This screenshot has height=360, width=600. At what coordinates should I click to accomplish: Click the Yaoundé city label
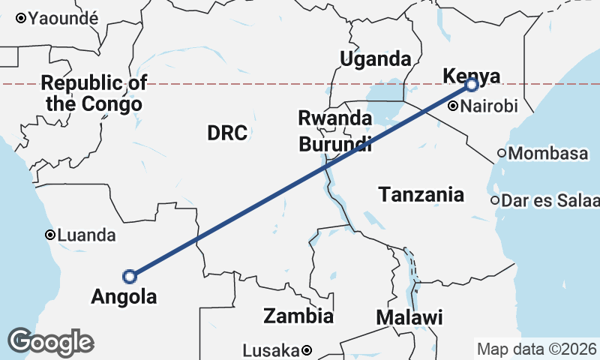[x=64, y=19]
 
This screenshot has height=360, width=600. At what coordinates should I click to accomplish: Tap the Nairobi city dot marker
[x=453, y=106]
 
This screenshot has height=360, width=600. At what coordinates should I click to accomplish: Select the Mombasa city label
[x=548, y=154]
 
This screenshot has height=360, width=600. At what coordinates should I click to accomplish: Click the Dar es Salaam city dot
[x=495, y=201]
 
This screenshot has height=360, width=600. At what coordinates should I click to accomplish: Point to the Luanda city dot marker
[x=50, y=235]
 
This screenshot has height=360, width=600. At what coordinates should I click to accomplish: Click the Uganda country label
[x=376, y=59]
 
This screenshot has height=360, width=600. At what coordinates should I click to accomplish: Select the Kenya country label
[x=472, y=75]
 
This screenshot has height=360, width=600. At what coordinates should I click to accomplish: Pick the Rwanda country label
[x=334, y=118]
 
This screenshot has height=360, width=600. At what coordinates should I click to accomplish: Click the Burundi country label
[x=335, y=144]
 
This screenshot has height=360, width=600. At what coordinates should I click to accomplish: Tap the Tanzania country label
[x=421, y=195]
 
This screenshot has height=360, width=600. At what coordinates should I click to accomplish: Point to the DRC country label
[x=227, y=133]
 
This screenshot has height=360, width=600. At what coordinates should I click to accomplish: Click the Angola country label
[x=124, y=297]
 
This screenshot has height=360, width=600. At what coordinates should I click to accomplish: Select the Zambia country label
[x=298, y=316]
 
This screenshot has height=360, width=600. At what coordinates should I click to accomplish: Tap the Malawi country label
[x=409, y=317]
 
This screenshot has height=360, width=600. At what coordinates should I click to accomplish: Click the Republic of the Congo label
[x=94, y=93]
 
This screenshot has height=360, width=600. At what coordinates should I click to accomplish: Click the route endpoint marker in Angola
[x=130, y=277]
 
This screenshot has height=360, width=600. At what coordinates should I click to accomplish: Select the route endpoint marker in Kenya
[x=471, y=85]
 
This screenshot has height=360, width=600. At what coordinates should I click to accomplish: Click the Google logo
[x=50, y=342]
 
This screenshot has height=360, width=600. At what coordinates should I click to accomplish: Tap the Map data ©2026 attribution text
[x=537, y=349]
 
